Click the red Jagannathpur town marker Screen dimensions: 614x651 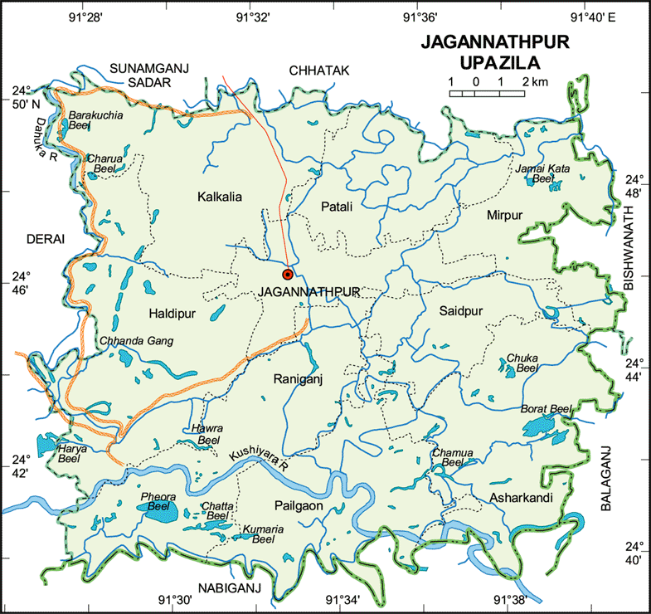[x=288, y=273]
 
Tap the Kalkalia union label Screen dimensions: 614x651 [x=219, y=197]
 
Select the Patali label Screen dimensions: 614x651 [x=335, y=206]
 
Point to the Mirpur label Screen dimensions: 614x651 [x=505, y=215]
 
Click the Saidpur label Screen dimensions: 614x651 [x=461, y=310]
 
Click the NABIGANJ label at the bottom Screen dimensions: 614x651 [x=229, y=587]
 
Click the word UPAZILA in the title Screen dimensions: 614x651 [x=492, y=61]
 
